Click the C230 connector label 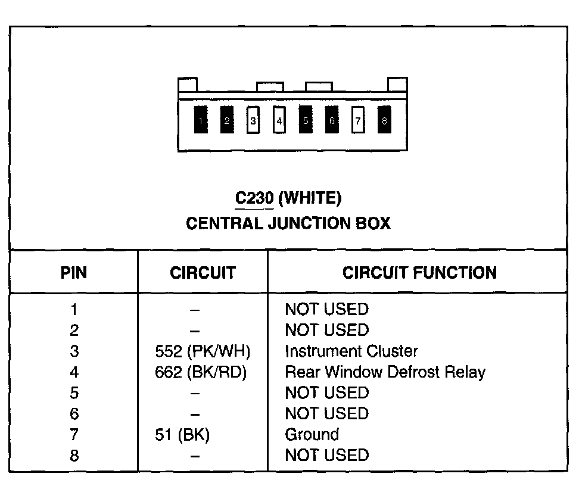point(254,198)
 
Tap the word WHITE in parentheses point(310,198)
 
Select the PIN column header point(74,273)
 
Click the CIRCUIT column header point(203,273)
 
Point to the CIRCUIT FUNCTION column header point(419,273)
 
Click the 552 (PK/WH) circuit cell point(202,351)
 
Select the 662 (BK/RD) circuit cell point(201,372)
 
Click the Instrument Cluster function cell point(351,351)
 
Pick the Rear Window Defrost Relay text point(385,372)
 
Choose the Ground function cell point(312,435)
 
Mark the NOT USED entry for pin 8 point(326,456)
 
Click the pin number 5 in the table point(74,393)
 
